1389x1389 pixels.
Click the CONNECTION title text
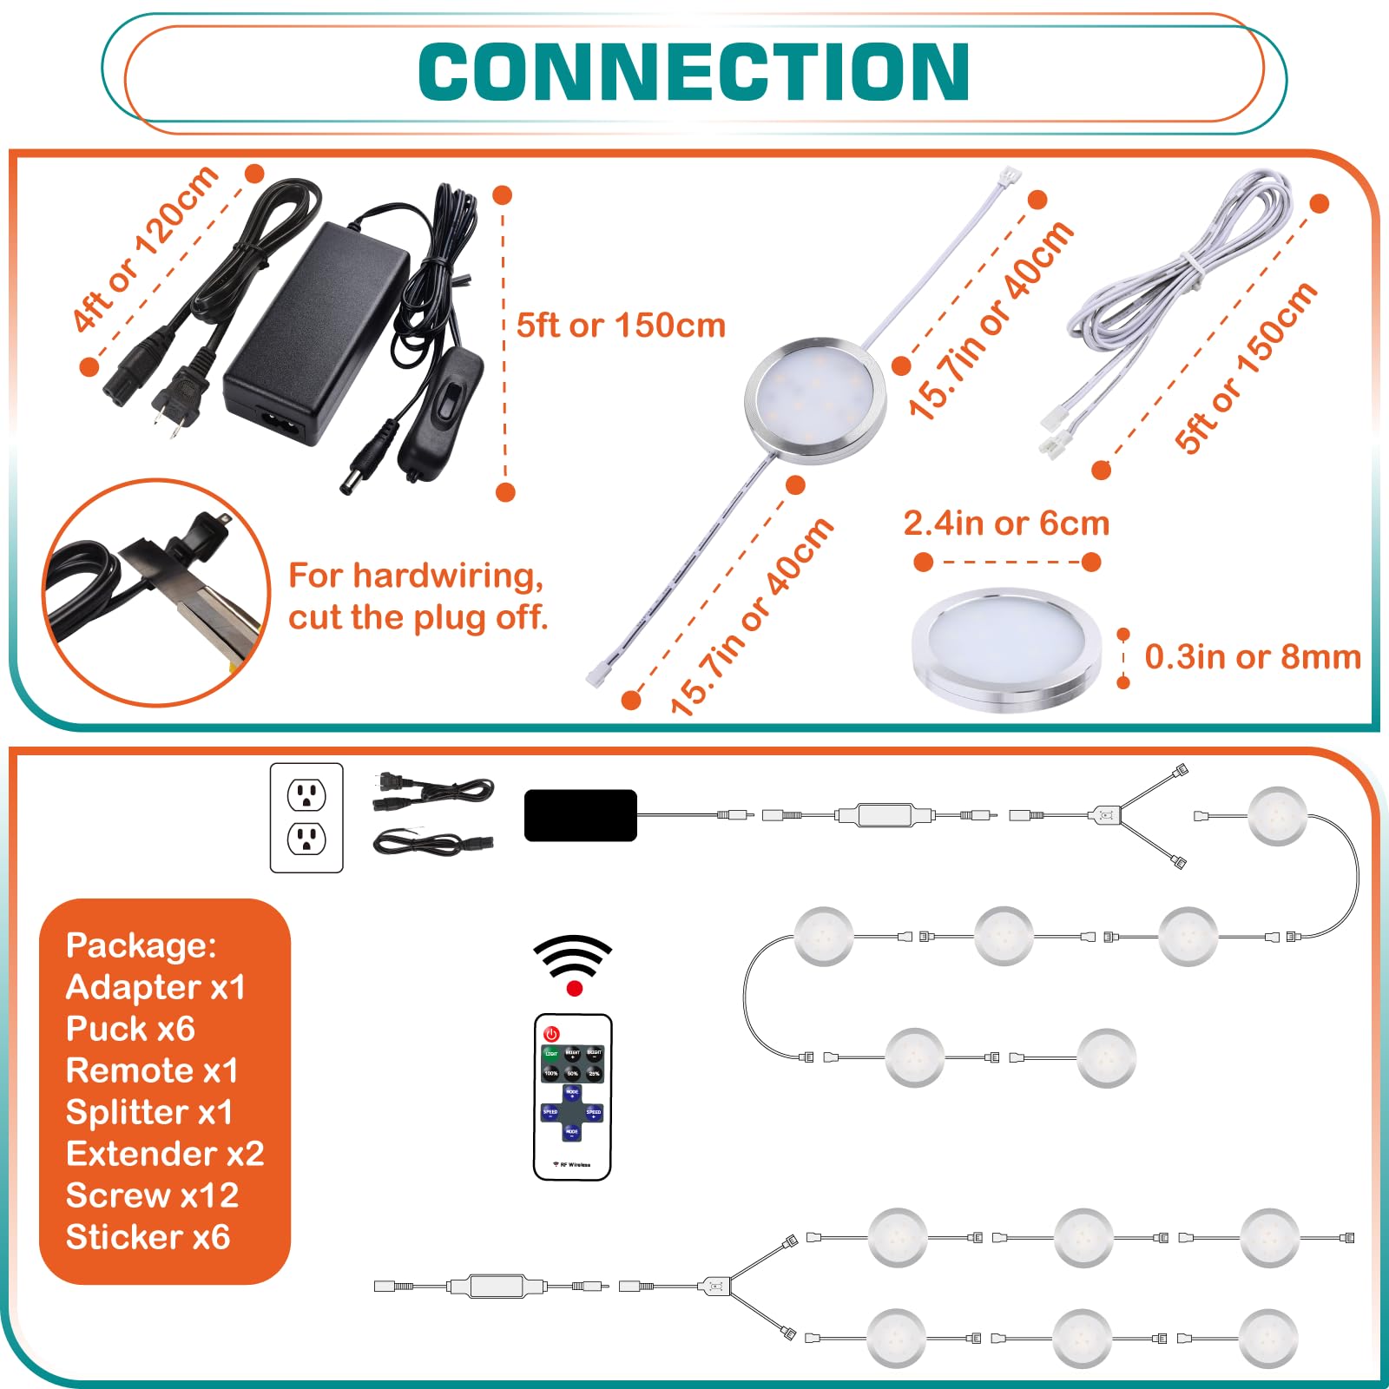pyautogui.click(x=694, y=72)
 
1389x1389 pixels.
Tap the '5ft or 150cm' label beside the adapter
pyautogui.click(x=621, y=326)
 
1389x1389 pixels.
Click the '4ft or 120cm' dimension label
pyautogui.click(x=145, y=248)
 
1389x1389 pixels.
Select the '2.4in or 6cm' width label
pyautogui.click(x=1006, y=523)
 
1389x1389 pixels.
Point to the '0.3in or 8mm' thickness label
pyautogui.click(x=1252, y=657)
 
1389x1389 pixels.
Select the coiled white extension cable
pyautogui.click(x=1181, y=295)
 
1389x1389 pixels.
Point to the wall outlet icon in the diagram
pyautogui.click(x=306, y=817)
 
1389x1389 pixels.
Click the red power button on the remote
pyautogui.click(x=551, y=1034)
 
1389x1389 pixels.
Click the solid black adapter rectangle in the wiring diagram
pyautogui.click(x=580, y=815)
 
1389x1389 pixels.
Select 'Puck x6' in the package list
pyautogui.click(x=130, y=1029)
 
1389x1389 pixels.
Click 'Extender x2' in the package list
pyautogui.click(x=164, y=1154)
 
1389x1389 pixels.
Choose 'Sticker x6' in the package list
pyautogui.click(x=148, y=1237)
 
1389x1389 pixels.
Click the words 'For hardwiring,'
pyautogui.click(x=416, y=576)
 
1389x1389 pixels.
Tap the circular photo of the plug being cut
pyautogui.click(x=156, y=592)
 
